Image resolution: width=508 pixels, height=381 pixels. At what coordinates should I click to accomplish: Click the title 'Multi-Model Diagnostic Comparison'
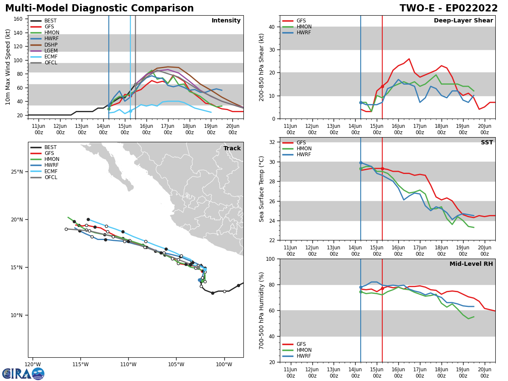tap(99, 8)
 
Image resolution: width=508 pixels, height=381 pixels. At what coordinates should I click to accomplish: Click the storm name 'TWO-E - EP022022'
tap(449, 8)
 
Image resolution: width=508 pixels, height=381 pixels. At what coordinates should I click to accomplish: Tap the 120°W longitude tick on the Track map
tap(33, 364)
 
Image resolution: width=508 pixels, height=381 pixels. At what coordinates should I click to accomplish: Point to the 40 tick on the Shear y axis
tap(271, 27)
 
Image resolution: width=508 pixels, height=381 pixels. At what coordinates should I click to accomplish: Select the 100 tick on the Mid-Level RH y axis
tap(270, 259)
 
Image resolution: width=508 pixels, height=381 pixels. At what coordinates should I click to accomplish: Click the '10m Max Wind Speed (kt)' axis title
tap(8, 67)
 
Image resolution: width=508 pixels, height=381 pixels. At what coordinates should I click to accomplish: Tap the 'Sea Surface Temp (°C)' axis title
tap(262, 189)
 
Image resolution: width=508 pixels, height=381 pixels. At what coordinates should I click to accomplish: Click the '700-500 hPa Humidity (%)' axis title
tap(262, 310)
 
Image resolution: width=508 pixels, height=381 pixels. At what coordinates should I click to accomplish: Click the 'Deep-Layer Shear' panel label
tap(463, 21)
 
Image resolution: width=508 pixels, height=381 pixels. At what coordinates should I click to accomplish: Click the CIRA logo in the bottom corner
tap(23, 374)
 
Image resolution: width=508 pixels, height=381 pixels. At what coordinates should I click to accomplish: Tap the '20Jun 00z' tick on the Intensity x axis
tap(232, 129)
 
